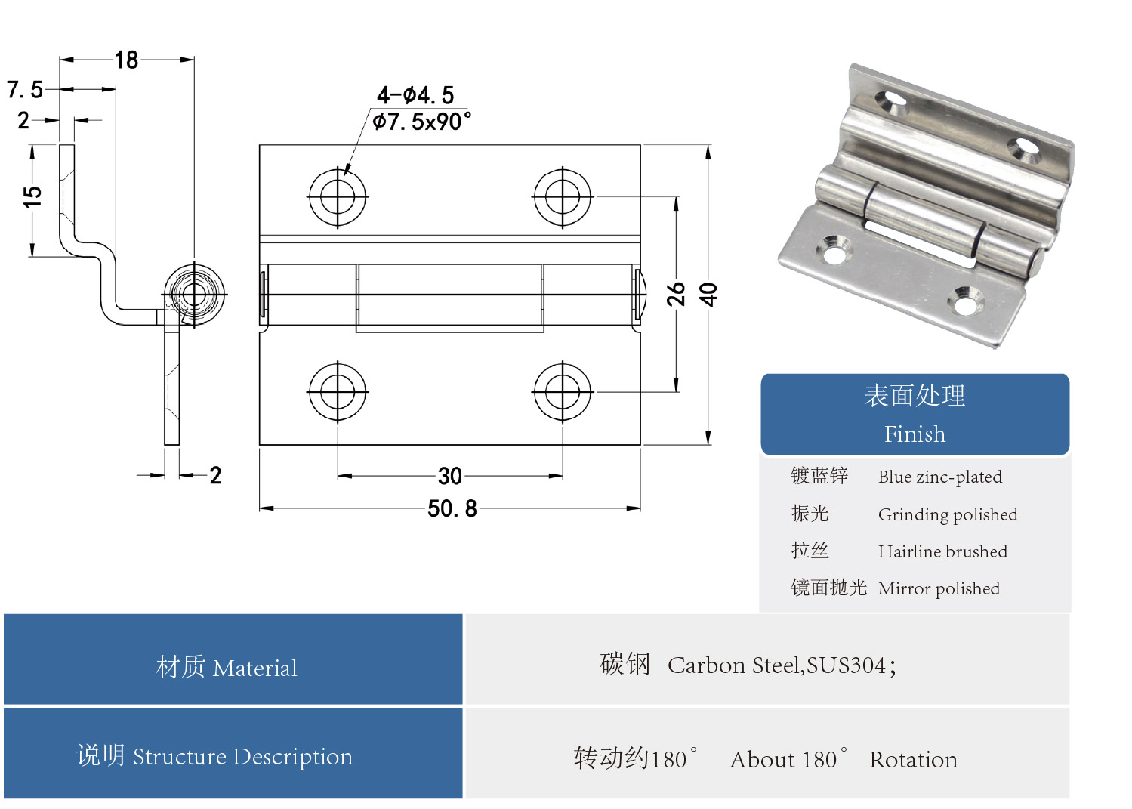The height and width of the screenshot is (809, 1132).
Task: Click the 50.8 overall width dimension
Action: point(452,508)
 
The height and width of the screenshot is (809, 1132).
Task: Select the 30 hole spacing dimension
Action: point(449,476)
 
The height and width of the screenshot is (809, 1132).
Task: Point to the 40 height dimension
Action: point(708,294)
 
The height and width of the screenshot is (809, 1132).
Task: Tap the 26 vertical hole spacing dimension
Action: point(675,294)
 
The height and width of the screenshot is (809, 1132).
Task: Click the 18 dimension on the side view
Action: point(126,60)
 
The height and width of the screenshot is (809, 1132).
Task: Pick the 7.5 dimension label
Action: point(25,90)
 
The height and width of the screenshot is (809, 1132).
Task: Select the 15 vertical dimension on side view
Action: point(32,196)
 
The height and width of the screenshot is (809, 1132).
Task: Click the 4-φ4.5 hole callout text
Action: point(415,95)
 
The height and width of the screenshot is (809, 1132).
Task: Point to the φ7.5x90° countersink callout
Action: point(421,122)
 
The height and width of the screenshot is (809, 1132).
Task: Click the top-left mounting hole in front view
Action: point(338,196)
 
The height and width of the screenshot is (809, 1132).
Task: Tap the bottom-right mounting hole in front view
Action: point(563,392)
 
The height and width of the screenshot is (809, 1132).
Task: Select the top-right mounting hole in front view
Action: point(563,196)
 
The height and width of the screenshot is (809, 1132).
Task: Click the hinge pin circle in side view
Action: point(194,294)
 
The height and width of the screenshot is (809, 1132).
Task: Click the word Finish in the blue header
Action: point(915,434)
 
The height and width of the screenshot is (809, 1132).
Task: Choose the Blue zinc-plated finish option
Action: point(939,477)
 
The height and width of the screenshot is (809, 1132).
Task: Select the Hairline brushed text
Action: point(942,551)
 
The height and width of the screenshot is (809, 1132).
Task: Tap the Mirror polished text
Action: point(939,588)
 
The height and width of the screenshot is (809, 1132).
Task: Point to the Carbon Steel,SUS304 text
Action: point(782,665)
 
